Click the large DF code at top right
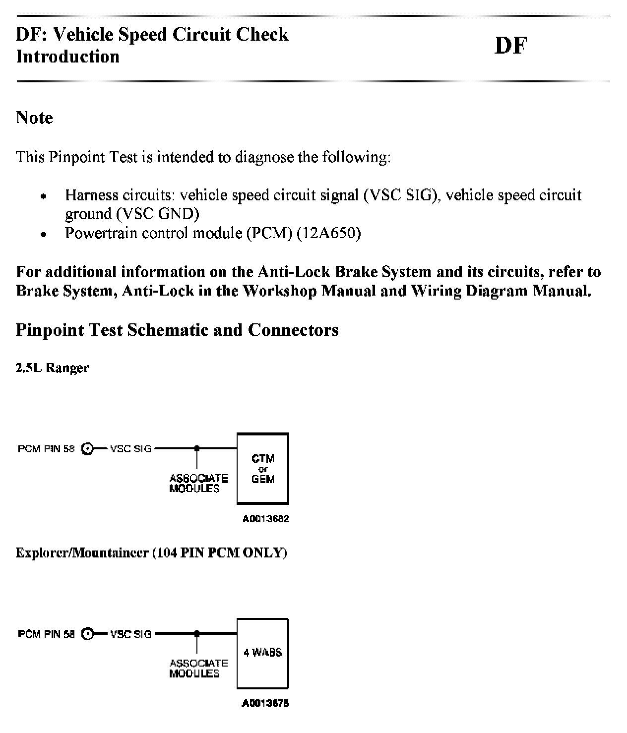510,46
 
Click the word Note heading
34,118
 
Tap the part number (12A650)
328,233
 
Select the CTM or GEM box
262,468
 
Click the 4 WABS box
262,653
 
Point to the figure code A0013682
265,519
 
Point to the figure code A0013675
265,703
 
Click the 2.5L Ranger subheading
52,368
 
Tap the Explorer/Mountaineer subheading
151,552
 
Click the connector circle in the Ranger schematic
88,449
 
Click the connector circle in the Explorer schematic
88,634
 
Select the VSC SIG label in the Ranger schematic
130,449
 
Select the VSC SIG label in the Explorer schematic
130,634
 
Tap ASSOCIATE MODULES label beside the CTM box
198,484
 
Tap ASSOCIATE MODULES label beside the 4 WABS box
198,668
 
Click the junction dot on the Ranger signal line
197,448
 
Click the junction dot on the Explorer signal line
197,633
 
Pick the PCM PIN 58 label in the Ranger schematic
46,449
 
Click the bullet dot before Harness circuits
44,196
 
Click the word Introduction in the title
67,57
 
